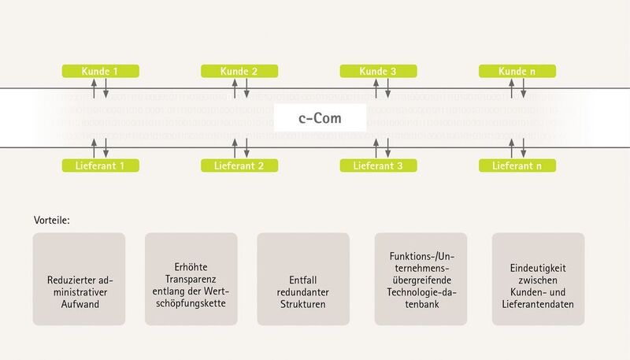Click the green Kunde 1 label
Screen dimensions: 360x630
click(x=100, y=72)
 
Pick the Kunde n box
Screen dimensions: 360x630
click(x=517, y=72)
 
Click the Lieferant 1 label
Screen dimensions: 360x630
click(x=100, y=165)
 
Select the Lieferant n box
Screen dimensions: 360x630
click(x=517, y=165)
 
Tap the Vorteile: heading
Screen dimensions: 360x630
click(x=52, y=218)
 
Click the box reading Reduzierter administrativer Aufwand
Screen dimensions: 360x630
click(x=79, y=279)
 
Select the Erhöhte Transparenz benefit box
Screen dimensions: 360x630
click(x=191, y=279)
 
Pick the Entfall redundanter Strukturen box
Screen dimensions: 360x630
click(x=303, y=279)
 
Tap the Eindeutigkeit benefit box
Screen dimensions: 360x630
click(x=538, y=279)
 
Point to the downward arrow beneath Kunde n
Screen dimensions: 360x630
click(x=523, y=88)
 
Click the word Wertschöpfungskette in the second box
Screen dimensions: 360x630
click(x=191, y=296)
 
